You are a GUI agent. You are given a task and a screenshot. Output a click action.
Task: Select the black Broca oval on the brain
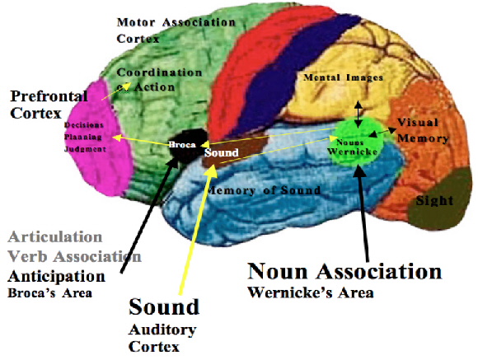(x=182, y=145)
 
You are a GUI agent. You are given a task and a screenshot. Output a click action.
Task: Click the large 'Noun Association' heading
(x=345, y=272)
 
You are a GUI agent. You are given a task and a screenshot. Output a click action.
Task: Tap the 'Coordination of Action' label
(x=158, y=79)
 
